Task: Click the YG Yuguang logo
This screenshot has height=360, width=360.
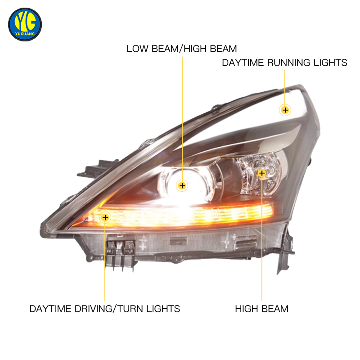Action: coord(25,25)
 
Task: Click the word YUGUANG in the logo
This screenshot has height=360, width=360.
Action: coord(25,34)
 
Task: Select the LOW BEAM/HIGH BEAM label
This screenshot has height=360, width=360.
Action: coord(182,49)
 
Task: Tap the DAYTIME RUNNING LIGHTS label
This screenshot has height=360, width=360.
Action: coord(284,63)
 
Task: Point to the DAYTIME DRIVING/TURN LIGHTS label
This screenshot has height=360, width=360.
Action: coord(105,309)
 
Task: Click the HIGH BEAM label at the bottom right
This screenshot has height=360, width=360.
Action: coord(262,309)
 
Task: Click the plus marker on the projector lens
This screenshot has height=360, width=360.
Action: coord(182,185)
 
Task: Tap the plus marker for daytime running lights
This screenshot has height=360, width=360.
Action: coord(285,110)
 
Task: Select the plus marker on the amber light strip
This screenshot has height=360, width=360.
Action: coord(105,217)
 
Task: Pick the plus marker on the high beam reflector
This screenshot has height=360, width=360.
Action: coord(262,173)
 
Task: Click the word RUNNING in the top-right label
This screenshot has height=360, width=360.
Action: coord(288,63)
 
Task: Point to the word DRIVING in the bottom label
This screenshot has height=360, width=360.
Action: coord(93,309)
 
